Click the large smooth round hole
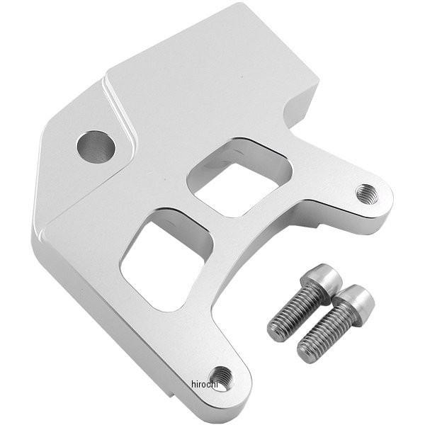click(x=96, y=147)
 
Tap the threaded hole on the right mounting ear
click(x=367, y=194)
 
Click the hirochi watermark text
click(x=205, y=384)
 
